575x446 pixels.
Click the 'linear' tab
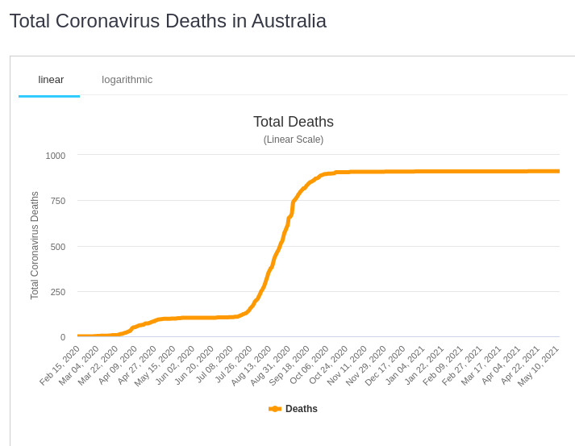tap(51, 79)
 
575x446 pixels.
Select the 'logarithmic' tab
tap(127, 79)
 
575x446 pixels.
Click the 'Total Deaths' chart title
tap(293, 122)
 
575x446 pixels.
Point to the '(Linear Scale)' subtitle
tap(293, 140)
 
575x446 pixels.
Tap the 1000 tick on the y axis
tap(56, 156)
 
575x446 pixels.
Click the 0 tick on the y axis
tap(63, 337)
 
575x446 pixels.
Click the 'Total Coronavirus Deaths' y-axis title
tap(35, 245)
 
